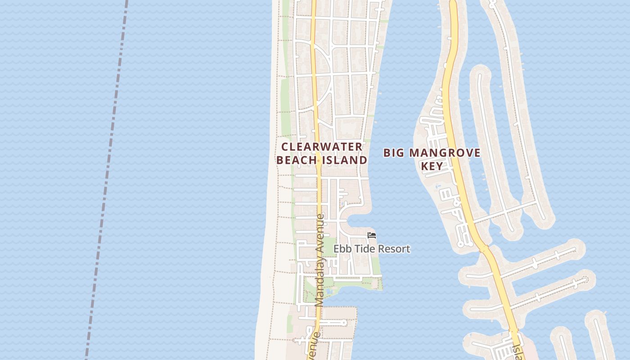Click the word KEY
click(x=432, y=166)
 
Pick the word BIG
click(x=394, y=153)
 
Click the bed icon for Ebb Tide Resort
click(x=372, y=235)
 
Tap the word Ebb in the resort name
click(x=342, y=249)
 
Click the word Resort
click(x=394, y=249)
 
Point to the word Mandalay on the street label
click(x=319, y=284)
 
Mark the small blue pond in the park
click(x=329, y=292)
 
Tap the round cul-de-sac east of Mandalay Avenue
click(x=344, y=322)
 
